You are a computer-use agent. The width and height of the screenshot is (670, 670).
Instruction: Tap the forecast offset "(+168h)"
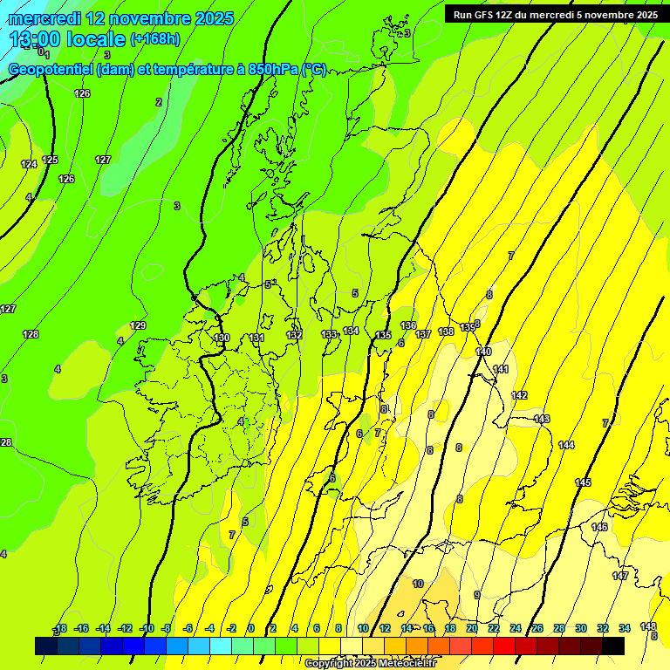[x=155, y=38]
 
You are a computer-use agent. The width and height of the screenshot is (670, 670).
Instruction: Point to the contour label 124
[x=29, y=164]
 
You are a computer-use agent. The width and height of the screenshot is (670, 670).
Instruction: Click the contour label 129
[x=138, y=325]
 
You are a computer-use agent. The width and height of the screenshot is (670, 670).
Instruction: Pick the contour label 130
[x=222, y=338]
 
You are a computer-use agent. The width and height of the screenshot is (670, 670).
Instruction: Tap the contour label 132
[x=294, y=335]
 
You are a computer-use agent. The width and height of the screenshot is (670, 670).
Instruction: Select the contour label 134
[x=351, y=331]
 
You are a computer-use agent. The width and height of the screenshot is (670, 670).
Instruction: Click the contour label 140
[x=483, y=352]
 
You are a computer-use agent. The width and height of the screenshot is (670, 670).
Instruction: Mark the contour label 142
[x=519, y=395]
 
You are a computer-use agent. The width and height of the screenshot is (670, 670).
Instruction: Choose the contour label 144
[x=566, y=445]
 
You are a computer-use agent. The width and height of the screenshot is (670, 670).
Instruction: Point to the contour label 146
[x=599, y=527]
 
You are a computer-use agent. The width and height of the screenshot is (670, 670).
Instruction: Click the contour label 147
[x=620, y=576]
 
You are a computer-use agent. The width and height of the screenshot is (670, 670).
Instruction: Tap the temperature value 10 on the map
[x=418, y=584]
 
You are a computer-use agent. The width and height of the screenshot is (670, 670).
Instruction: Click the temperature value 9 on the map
[x=476, y=595]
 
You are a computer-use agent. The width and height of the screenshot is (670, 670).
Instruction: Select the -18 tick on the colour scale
[x=60, y=628]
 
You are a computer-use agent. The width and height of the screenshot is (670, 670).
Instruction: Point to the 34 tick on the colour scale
[x=625, y=628]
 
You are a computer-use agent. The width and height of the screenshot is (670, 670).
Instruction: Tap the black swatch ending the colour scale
[x=613, y=646]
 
